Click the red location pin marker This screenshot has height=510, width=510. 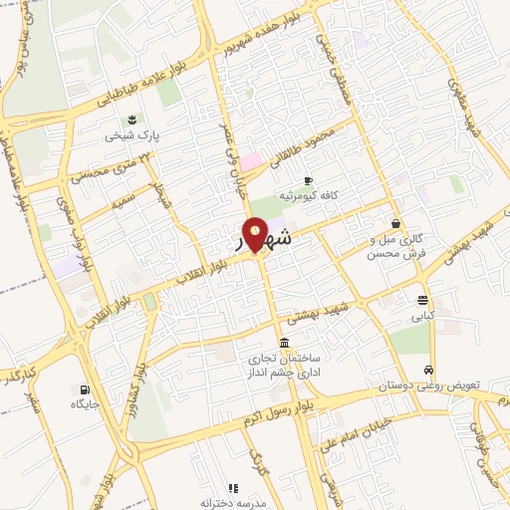point(256,235)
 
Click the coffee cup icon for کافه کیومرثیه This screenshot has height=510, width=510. point(308,180)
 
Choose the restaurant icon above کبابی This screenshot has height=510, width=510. point(423,301)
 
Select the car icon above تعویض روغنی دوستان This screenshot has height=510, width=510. point(428,369)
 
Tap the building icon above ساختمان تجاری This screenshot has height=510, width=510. point(285,344)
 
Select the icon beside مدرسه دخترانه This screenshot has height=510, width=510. point(233,488)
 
